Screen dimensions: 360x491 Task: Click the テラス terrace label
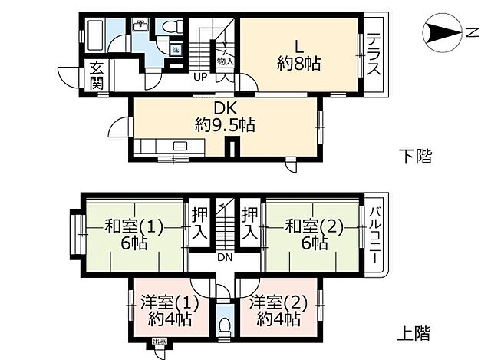(374, 54)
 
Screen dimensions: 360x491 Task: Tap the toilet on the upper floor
(223, 325)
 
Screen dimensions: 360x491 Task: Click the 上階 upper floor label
(415, 333)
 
